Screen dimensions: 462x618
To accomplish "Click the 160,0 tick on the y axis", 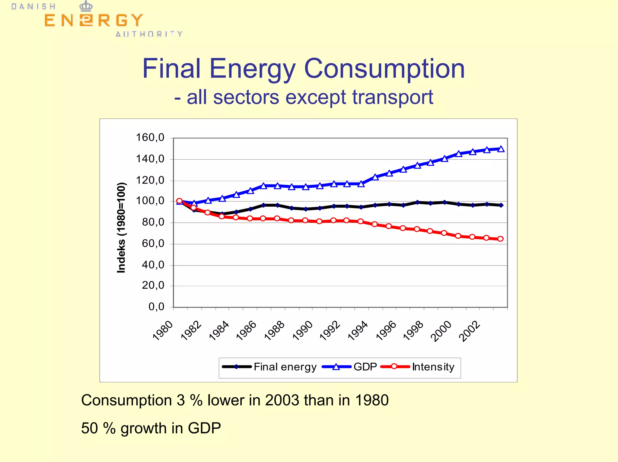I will click(150, 138).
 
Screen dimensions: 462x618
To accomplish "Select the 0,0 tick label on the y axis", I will click(156, 307).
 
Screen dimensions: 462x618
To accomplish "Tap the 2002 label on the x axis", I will click(469, 331).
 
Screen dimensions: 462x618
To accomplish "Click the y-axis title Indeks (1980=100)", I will click(121, 228).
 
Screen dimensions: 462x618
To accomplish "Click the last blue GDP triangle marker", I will click(501, 149).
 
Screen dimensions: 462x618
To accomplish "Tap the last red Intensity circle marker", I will click(500, 239).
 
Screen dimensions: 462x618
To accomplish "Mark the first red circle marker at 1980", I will click(179, 201).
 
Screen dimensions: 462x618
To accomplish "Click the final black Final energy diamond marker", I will click(501, 205).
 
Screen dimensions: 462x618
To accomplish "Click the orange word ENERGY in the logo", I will click(93, 21).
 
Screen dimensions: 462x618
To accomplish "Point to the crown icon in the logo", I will click(86, 6).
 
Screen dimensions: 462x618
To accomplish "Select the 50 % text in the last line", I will click(98, 428).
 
